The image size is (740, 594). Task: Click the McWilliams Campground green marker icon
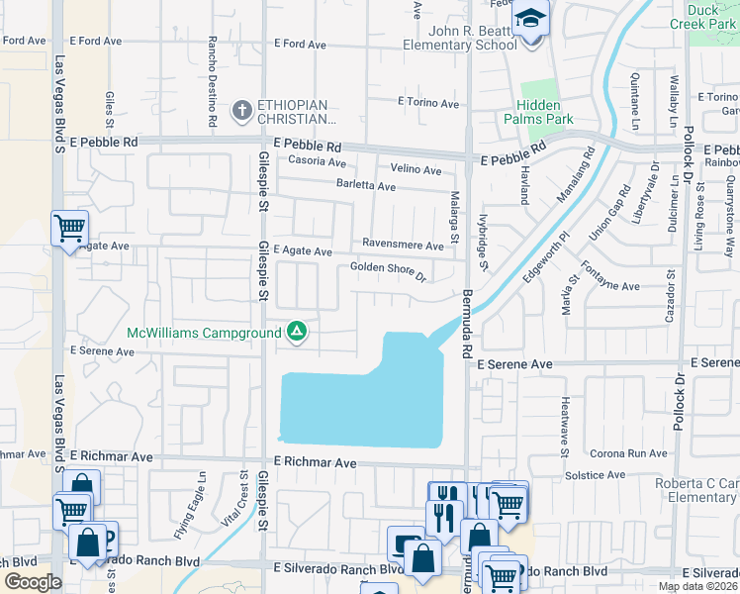click(297, 333)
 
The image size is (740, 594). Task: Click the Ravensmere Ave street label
click(403, 245)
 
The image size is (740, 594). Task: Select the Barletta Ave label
click(365, 186)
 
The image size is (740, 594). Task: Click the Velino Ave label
click(416, 170)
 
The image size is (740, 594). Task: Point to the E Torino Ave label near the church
click(427, 103)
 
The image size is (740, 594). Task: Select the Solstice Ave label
click(597, 475)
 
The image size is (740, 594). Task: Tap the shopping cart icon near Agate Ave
click(69, 229)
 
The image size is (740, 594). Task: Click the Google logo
click(34, 581)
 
